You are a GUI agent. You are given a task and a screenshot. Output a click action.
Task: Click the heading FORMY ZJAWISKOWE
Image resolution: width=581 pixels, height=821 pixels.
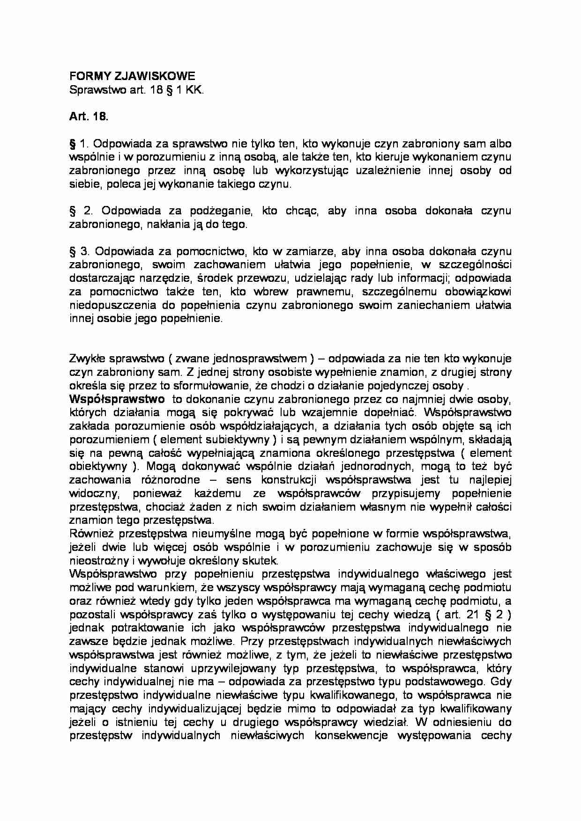click(132, 76)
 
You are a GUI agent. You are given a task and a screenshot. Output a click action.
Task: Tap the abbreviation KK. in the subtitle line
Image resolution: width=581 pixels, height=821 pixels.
click(195, 90)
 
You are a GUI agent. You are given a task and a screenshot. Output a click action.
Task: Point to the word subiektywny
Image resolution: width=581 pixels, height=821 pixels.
click(238, 440)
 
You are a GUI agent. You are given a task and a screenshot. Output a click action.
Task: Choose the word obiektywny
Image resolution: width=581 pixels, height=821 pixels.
click(98, 466)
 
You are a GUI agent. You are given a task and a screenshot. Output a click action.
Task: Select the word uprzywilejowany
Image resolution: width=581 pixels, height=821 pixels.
click(235, 668)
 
